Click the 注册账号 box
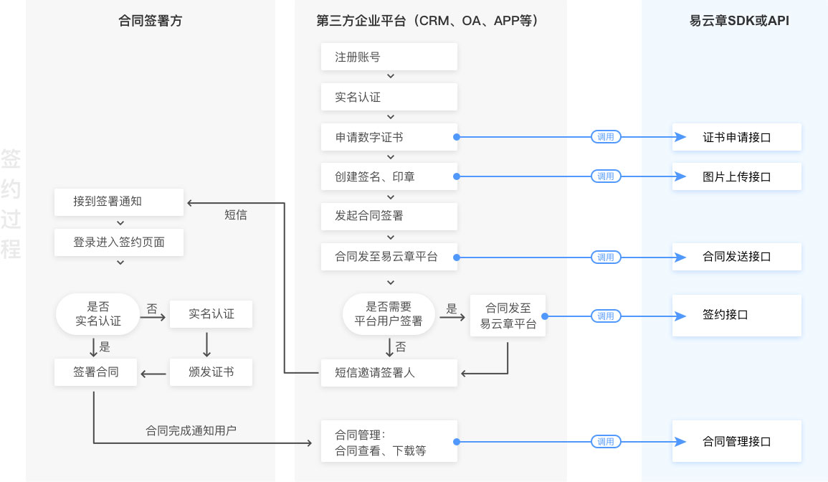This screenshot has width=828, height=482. coord(389,57)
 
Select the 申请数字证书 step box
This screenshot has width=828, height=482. coord(389,136)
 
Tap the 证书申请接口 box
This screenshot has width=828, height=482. coord(736,136)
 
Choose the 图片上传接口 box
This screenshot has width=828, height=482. coord(736,176)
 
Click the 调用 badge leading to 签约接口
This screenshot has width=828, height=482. coord(606,316)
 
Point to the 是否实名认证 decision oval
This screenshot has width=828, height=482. coord(98,314)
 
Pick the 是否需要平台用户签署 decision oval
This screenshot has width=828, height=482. coord(389,314)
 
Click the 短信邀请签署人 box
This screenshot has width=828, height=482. coord(389,373)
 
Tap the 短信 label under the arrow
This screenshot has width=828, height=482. coord(236,214)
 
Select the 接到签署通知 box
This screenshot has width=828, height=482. coord(119,202)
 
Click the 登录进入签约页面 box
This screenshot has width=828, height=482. coord(119,242)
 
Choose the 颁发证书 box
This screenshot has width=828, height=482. coord(211,372)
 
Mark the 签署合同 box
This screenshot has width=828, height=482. coord(96,372)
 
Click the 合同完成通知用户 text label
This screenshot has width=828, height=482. coord(191,430)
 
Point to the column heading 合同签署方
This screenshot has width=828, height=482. coord(151,22)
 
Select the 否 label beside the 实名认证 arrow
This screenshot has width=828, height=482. coord(152,308)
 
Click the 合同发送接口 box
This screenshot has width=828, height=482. coord(736,257)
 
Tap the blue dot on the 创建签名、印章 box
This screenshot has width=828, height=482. coord(457,176)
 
